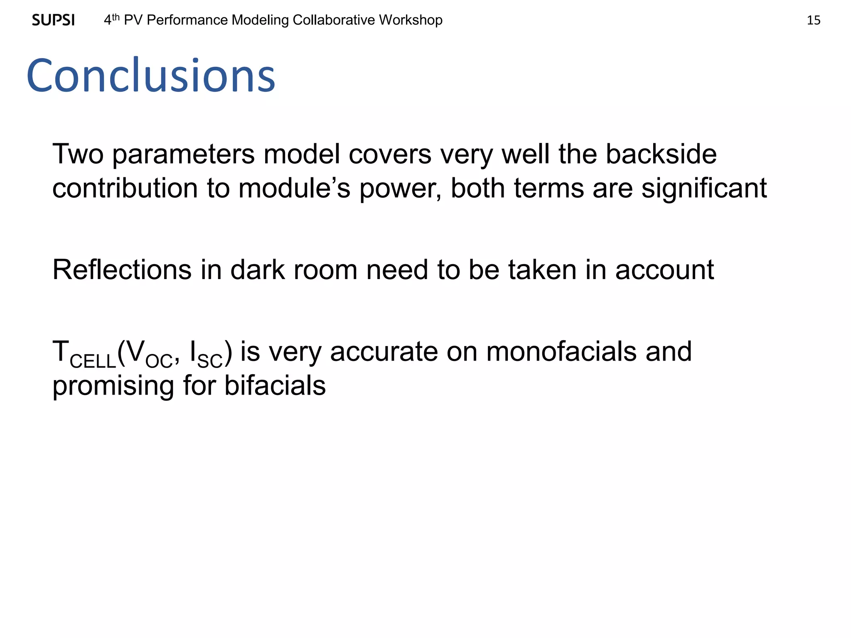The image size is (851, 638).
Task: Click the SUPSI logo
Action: point(53,20)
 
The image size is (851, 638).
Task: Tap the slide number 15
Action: point(813,20)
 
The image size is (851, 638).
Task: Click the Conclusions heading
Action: point(151,76)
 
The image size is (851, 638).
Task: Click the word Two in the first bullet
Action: point(78,154)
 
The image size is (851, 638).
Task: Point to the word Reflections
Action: point(122,270)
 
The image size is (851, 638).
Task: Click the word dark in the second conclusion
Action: point(257,270)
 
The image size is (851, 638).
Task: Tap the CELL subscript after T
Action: point(93,361)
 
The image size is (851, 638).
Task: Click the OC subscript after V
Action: point(159,361)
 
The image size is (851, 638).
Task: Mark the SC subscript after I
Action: point(210,361)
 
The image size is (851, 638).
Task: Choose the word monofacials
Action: point(561,352)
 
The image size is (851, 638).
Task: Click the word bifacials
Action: point(275,386)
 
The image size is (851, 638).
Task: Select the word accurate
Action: point(384,352)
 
